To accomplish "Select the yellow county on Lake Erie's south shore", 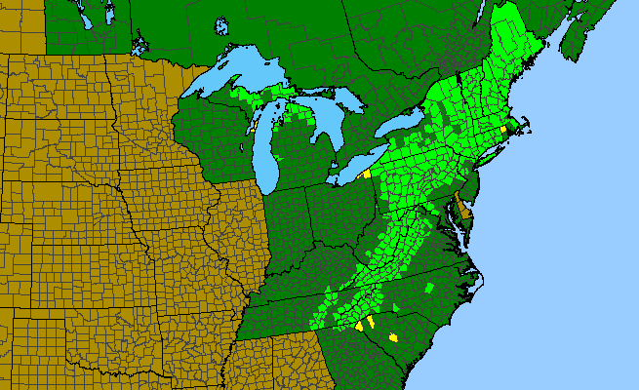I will (366, 173).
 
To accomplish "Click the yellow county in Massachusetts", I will (503, 129).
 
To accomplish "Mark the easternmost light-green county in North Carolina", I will (430, 288).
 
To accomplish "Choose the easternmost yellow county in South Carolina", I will (394, 335).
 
